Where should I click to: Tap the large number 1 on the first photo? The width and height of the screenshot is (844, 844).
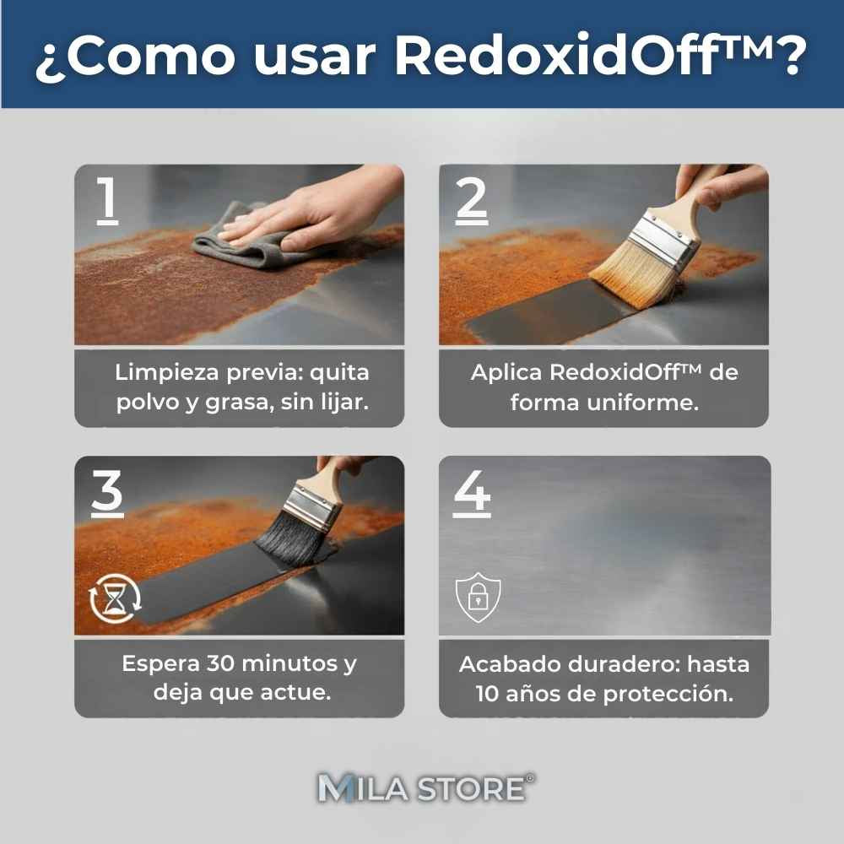pos(106,201)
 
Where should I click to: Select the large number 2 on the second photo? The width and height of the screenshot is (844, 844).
pos(471,201)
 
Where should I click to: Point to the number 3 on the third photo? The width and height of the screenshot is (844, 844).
pos(107,492)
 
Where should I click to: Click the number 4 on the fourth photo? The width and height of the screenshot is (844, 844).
pos(472,492)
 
